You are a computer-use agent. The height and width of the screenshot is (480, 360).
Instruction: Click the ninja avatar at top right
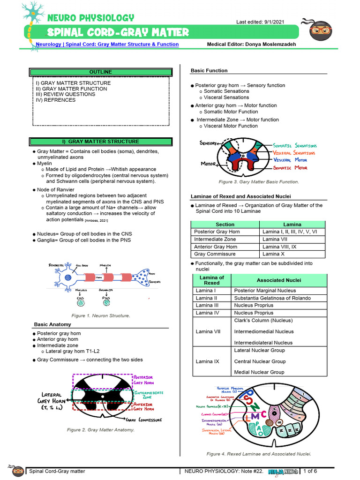(321, 30)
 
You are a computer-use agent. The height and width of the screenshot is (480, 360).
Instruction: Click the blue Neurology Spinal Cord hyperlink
(107, 45)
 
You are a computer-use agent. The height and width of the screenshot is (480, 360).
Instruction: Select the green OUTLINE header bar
(101, 72)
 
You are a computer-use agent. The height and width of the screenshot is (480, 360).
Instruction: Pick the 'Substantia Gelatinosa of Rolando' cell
(272, 298)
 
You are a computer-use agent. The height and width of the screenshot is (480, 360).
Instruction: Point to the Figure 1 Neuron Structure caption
(100, 315)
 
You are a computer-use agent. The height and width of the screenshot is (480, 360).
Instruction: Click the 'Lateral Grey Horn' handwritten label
(52, 401)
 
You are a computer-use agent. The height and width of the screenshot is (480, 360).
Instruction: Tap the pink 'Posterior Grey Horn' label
(143, 380)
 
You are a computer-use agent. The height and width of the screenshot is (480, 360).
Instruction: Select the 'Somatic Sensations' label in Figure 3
(295, 146)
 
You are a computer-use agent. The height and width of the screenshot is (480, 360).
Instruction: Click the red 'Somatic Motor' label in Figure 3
(290, 168)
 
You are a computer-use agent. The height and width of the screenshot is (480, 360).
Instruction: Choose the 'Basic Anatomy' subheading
(52, 324)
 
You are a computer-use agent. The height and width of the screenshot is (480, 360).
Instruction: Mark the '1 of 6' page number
(310, 471)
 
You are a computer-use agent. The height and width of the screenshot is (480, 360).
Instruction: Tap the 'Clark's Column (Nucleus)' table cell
(263, 321)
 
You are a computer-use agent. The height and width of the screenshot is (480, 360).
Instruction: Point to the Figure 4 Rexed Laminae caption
(259, 454)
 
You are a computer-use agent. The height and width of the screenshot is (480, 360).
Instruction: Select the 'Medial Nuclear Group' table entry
(259, 372)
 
